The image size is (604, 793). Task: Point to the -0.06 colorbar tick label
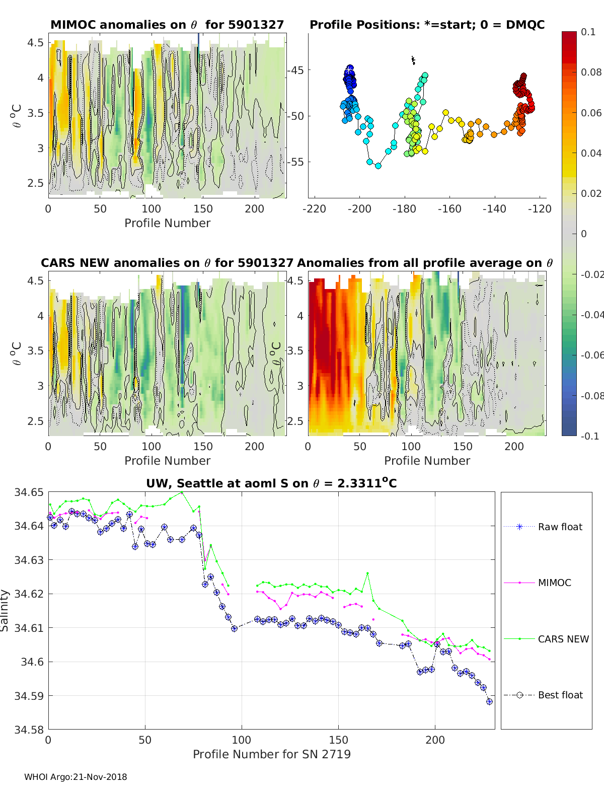[592, 355]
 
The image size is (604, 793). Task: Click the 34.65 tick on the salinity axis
[29, 492]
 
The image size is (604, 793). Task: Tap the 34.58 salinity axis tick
[29, 729]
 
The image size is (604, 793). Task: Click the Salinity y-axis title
[5, 610]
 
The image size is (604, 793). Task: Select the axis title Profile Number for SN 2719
[271, 754]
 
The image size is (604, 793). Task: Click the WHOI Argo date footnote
[75, 777]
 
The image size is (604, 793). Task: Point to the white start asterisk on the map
[349, 70]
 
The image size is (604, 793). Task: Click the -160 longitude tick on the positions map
[449, 208]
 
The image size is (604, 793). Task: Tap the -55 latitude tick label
[296, 162]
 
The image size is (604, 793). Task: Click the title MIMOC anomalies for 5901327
[167, 25]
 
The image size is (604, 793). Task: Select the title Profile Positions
[427, 25]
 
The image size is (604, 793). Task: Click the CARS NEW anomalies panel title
[167, 263]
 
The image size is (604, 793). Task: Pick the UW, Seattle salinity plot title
[271, 483]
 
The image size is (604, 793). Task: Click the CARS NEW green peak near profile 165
[367, 573]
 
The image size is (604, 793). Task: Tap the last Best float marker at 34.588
[489, 701]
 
